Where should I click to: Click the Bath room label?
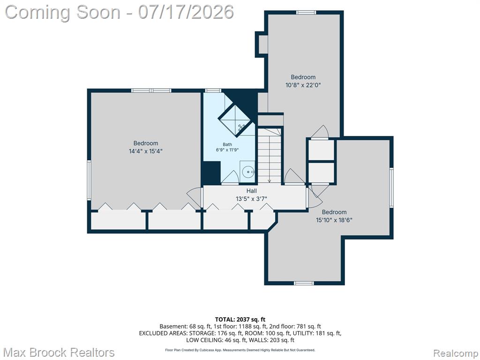click(227, 144)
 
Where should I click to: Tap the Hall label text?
click(251, 191)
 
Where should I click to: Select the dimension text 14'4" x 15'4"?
click(146, 151)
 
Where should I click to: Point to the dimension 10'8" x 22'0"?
click(303, 85)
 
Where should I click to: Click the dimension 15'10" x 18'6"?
click(334, 220)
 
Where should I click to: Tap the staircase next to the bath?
click(269, 156)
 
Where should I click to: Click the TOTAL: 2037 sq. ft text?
click(240, 320)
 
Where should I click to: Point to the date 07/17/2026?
click(186, 12)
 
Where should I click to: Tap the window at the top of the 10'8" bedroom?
click(306, 12)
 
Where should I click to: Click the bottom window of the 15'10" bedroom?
click(304, 283)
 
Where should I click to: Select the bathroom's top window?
click(213, 90)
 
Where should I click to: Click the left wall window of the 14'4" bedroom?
click(89, 180)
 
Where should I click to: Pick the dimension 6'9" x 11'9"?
click(227, 150)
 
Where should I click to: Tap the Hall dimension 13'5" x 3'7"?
click(251, 199)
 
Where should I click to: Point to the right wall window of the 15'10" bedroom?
click(391, 187)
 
